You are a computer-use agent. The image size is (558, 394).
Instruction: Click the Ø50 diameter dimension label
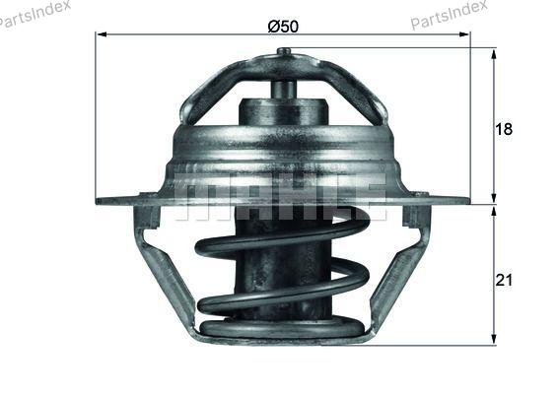[283, 27]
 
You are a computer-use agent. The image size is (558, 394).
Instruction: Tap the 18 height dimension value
[504, 129]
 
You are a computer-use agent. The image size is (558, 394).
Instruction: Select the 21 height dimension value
[504, 280]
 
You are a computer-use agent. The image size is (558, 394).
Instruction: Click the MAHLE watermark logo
[280, 197]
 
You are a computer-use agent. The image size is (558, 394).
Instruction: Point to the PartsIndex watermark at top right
[450, 14]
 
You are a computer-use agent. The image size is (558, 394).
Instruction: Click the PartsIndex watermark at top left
[34, 14]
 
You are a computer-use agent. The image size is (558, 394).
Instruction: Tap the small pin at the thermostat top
[284, 51]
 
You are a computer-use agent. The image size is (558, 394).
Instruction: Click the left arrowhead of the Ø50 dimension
[102, 34]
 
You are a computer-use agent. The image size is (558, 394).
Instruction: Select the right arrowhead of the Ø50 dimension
[464, 34]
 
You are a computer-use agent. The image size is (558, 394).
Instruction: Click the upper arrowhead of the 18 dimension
[494, 55]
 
